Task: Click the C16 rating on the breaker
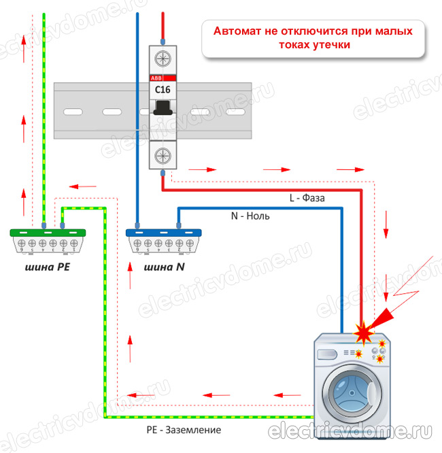[x=163, y=89]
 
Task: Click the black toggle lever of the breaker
[x=163, y=107]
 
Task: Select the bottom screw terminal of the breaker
[x=163, y=156]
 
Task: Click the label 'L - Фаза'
[x=307, y=199]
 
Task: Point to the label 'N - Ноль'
[x=250, y=216]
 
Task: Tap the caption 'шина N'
[x=165, y=267]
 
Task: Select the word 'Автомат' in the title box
[x=238, y=31]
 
